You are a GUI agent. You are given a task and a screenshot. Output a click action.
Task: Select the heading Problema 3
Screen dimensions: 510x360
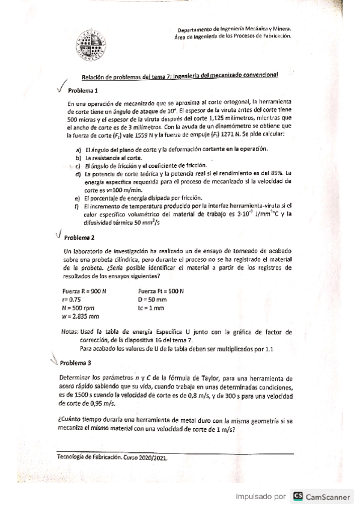coord(76,363)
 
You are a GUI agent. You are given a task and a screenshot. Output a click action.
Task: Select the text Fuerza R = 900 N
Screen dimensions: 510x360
coord(84,291)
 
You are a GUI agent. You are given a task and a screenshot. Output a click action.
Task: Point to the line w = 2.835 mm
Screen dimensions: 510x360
coord(81,316)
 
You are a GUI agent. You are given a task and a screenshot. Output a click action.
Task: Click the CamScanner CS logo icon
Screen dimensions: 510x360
coord(297,497)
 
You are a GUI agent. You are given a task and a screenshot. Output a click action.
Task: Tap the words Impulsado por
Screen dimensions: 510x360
coord(260,497)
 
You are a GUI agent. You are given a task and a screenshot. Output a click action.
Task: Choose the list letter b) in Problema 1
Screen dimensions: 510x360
coord(78,157)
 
